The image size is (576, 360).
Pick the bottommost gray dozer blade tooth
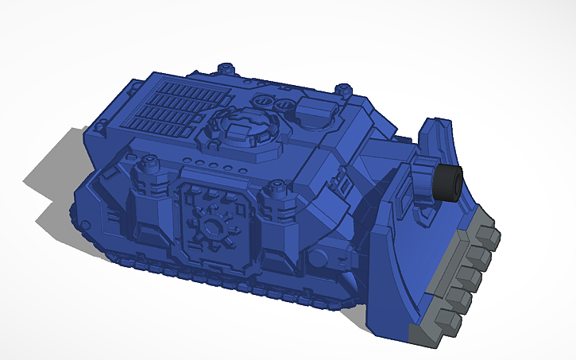(446, 321)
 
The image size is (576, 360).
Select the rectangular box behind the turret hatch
(316, 112)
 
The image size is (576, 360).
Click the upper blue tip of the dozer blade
(434, 126)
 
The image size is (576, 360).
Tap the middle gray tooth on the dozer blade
(469, 276)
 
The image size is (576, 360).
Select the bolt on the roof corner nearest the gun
(343, 89)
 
